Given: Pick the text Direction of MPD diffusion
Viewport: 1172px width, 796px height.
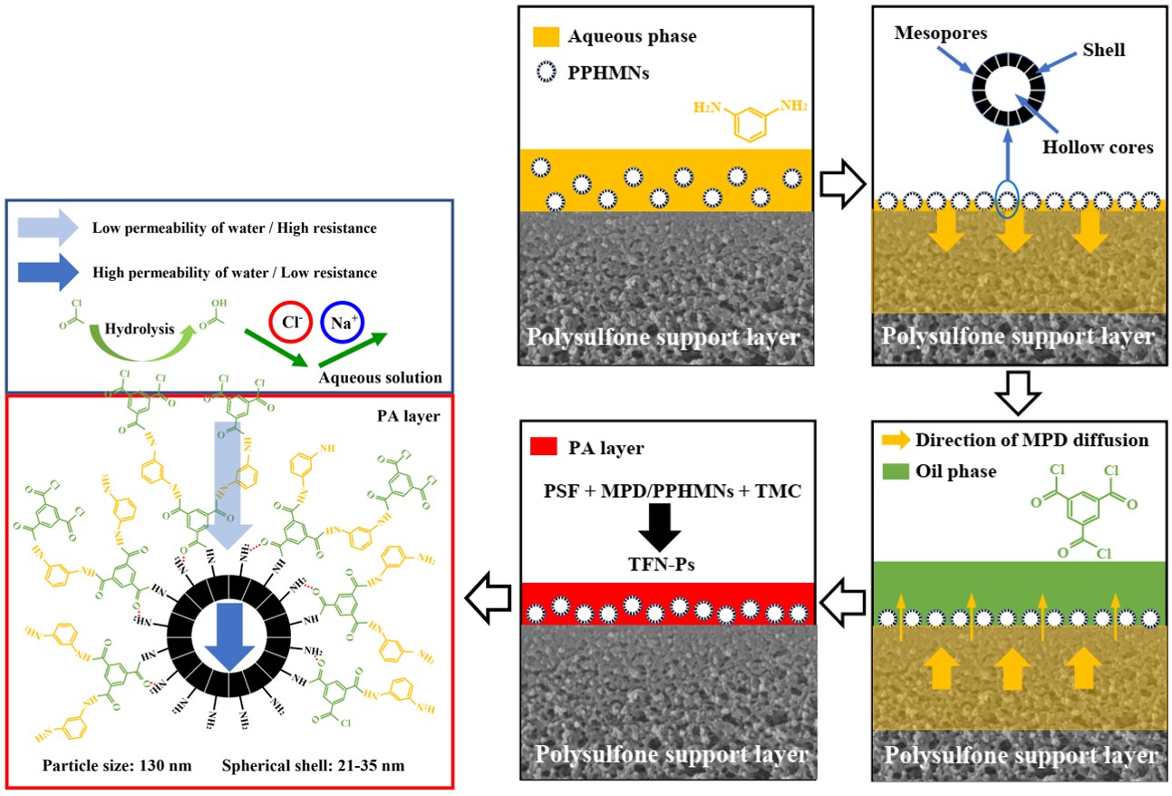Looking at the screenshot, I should click(1032, 441).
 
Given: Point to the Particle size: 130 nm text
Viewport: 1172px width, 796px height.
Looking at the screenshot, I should click(117, 765).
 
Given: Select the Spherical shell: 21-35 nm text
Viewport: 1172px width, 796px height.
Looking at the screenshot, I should click(313, 765).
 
